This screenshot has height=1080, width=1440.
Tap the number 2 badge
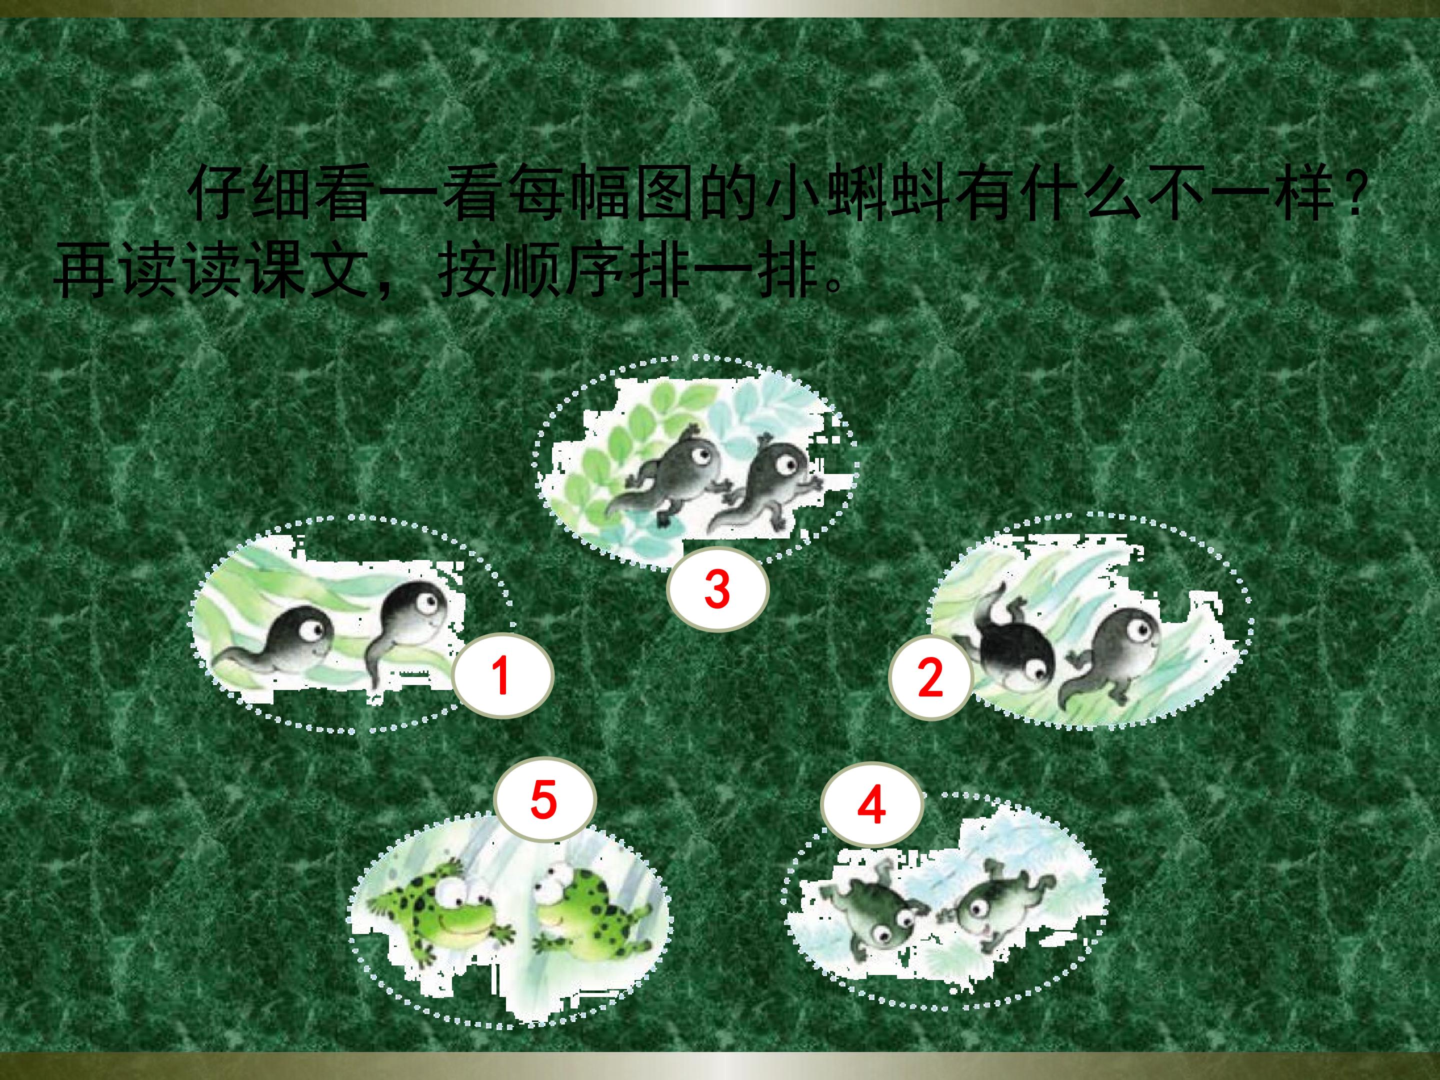930,677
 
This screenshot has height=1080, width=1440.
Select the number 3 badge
718,588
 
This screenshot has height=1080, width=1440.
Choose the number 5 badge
544,799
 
